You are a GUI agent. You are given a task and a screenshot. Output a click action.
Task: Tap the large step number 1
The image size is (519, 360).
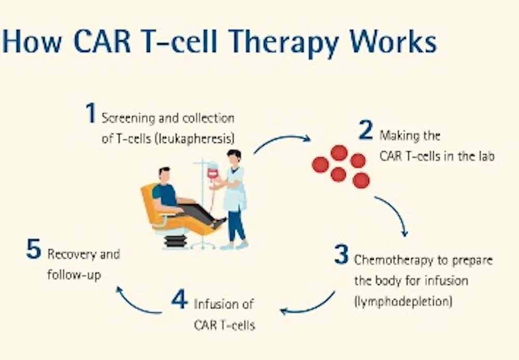[91, 113]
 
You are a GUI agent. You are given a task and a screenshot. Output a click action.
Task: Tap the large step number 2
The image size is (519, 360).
[366, 130]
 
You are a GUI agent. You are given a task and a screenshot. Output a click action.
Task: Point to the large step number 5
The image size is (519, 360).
[34, 249]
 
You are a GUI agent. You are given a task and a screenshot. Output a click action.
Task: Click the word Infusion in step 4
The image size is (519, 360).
[224, 304]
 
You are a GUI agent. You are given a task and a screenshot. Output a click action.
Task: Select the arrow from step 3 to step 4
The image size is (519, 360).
[309, 304]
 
